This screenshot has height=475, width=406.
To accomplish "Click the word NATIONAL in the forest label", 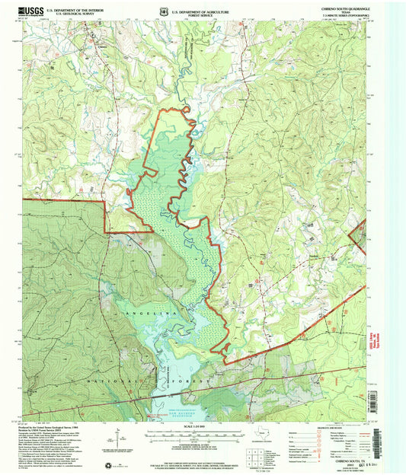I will (107, 378).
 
